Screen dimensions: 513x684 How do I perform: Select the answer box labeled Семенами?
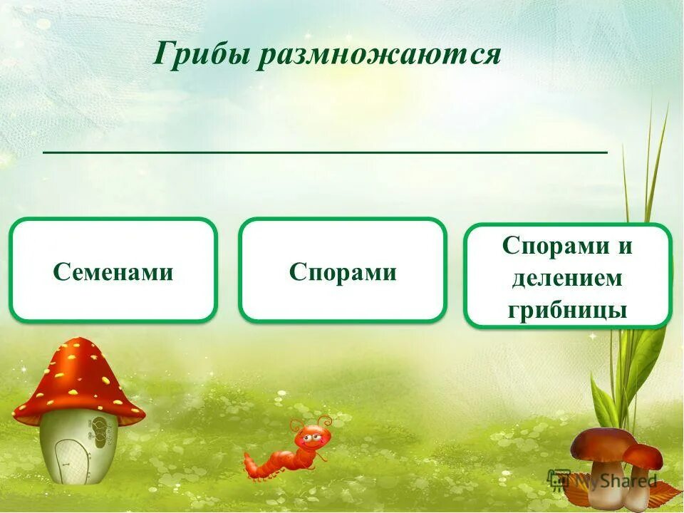point(113,271)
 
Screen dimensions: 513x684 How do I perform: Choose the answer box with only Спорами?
point(343,271)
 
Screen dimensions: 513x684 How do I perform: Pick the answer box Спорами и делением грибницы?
point(567,276)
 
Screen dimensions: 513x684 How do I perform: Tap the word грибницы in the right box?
point(567,310)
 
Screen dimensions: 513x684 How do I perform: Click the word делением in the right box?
point(567,279)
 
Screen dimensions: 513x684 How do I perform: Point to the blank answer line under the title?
point(326,152)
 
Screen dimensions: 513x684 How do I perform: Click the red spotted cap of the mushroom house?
point(78,378)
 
